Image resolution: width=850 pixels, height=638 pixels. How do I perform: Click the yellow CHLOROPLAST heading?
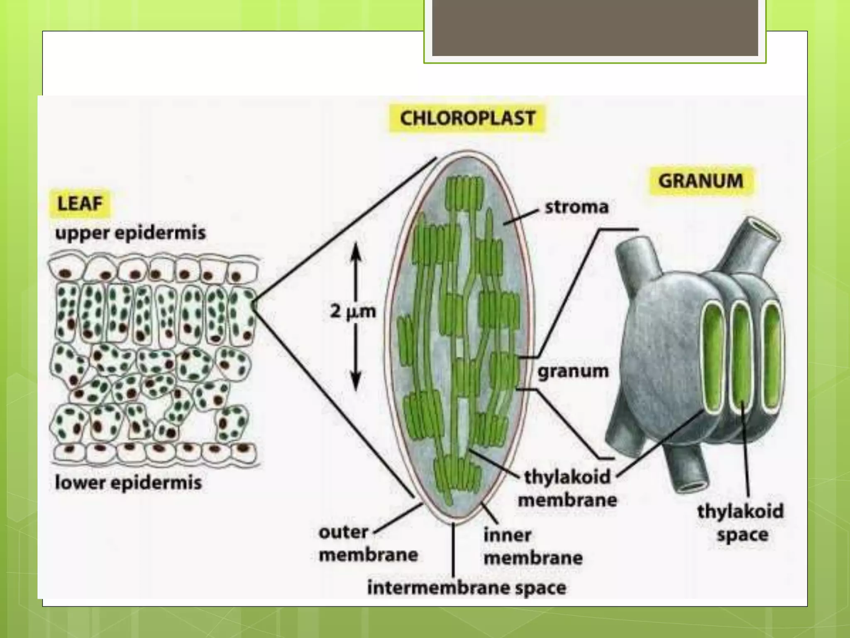click(x=467, y=118)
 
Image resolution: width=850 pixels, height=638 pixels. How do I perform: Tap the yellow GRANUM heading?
click(x=701, y=181)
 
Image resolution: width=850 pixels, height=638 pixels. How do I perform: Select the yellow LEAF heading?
click(x=80, y=204)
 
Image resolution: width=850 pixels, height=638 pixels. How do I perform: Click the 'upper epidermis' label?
click(x=130, y=232)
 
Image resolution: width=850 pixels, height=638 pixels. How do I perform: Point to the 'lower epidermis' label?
click(x=128, y=482)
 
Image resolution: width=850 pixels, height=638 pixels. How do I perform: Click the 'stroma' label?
click(x=576, y=206)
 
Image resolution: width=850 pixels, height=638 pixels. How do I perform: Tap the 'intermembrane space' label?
click(x=467, y=588)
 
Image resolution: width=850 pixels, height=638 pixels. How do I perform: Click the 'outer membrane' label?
click(x=368, y=543)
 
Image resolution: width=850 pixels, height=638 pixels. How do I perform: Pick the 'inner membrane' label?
click(x=533, y=546)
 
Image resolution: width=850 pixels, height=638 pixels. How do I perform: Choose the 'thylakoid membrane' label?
click(x=568, y=488)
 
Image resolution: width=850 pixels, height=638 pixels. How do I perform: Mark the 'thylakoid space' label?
click(x=741, y=523)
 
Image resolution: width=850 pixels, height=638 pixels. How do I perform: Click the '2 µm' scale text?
click(x=353, y=311)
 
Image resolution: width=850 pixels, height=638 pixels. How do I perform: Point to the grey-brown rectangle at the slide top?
click(x=595, y=28)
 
